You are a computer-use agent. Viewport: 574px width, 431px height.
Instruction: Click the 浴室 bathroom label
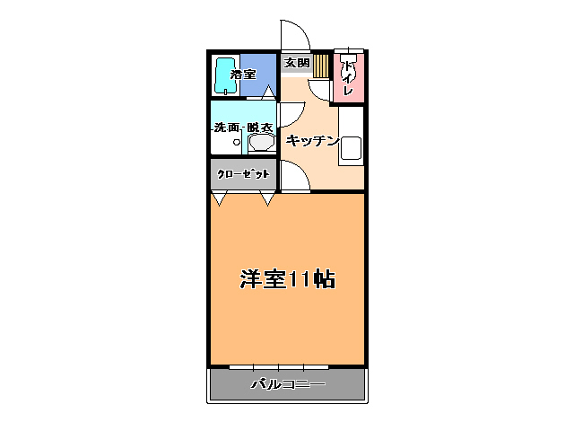click(x=241, y=75)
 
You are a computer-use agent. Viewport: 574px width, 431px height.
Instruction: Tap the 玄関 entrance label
click(x=296, y=63)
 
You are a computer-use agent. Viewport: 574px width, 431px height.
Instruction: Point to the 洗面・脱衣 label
click(x=243, y=128)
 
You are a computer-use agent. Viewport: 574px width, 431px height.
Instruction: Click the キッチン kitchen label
click(x=311, y=140)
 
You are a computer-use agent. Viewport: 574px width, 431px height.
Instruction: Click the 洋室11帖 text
click(x=287, y=278)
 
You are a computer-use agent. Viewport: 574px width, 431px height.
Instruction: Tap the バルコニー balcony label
click(x=287, y=384)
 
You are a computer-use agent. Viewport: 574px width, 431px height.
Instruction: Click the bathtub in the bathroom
click(x=224, y=75)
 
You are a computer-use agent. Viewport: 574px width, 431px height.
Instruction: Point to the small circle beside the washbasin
click(x=238, y=142)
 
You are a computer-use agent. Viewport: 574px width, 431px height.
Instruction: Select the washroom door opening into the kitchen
click(x=289, y=113)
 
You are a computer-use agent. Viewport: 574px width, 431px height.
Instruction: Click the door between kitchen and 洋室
click(x=294, y=176)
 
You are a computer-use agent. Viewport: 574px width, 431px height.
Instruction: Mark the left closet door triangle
click(x=219, y=198)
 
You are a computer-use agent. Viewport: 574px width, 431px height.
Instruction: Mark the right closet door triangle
click(x=267, y=198)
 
